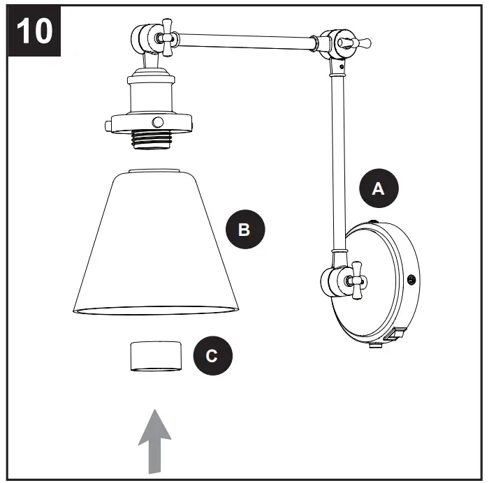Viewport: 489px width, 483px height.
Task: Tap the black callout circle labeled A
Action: pos(378,188)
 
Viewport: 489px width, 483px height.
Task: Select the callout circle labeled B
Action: pos(244,229)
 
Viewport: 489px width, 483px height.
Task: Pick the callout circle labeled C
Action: pos(211,356)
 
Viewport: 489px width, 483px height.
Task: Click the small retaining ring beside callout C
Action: pos(155,355)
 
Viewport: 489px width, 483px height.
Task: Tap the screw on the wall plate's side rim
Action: pos(411,281)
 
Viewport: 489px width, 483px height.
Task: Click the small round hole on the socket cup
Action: pos(159,120)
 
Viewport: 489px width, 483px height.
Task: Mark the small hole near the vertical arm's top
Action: pos(341,67)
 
